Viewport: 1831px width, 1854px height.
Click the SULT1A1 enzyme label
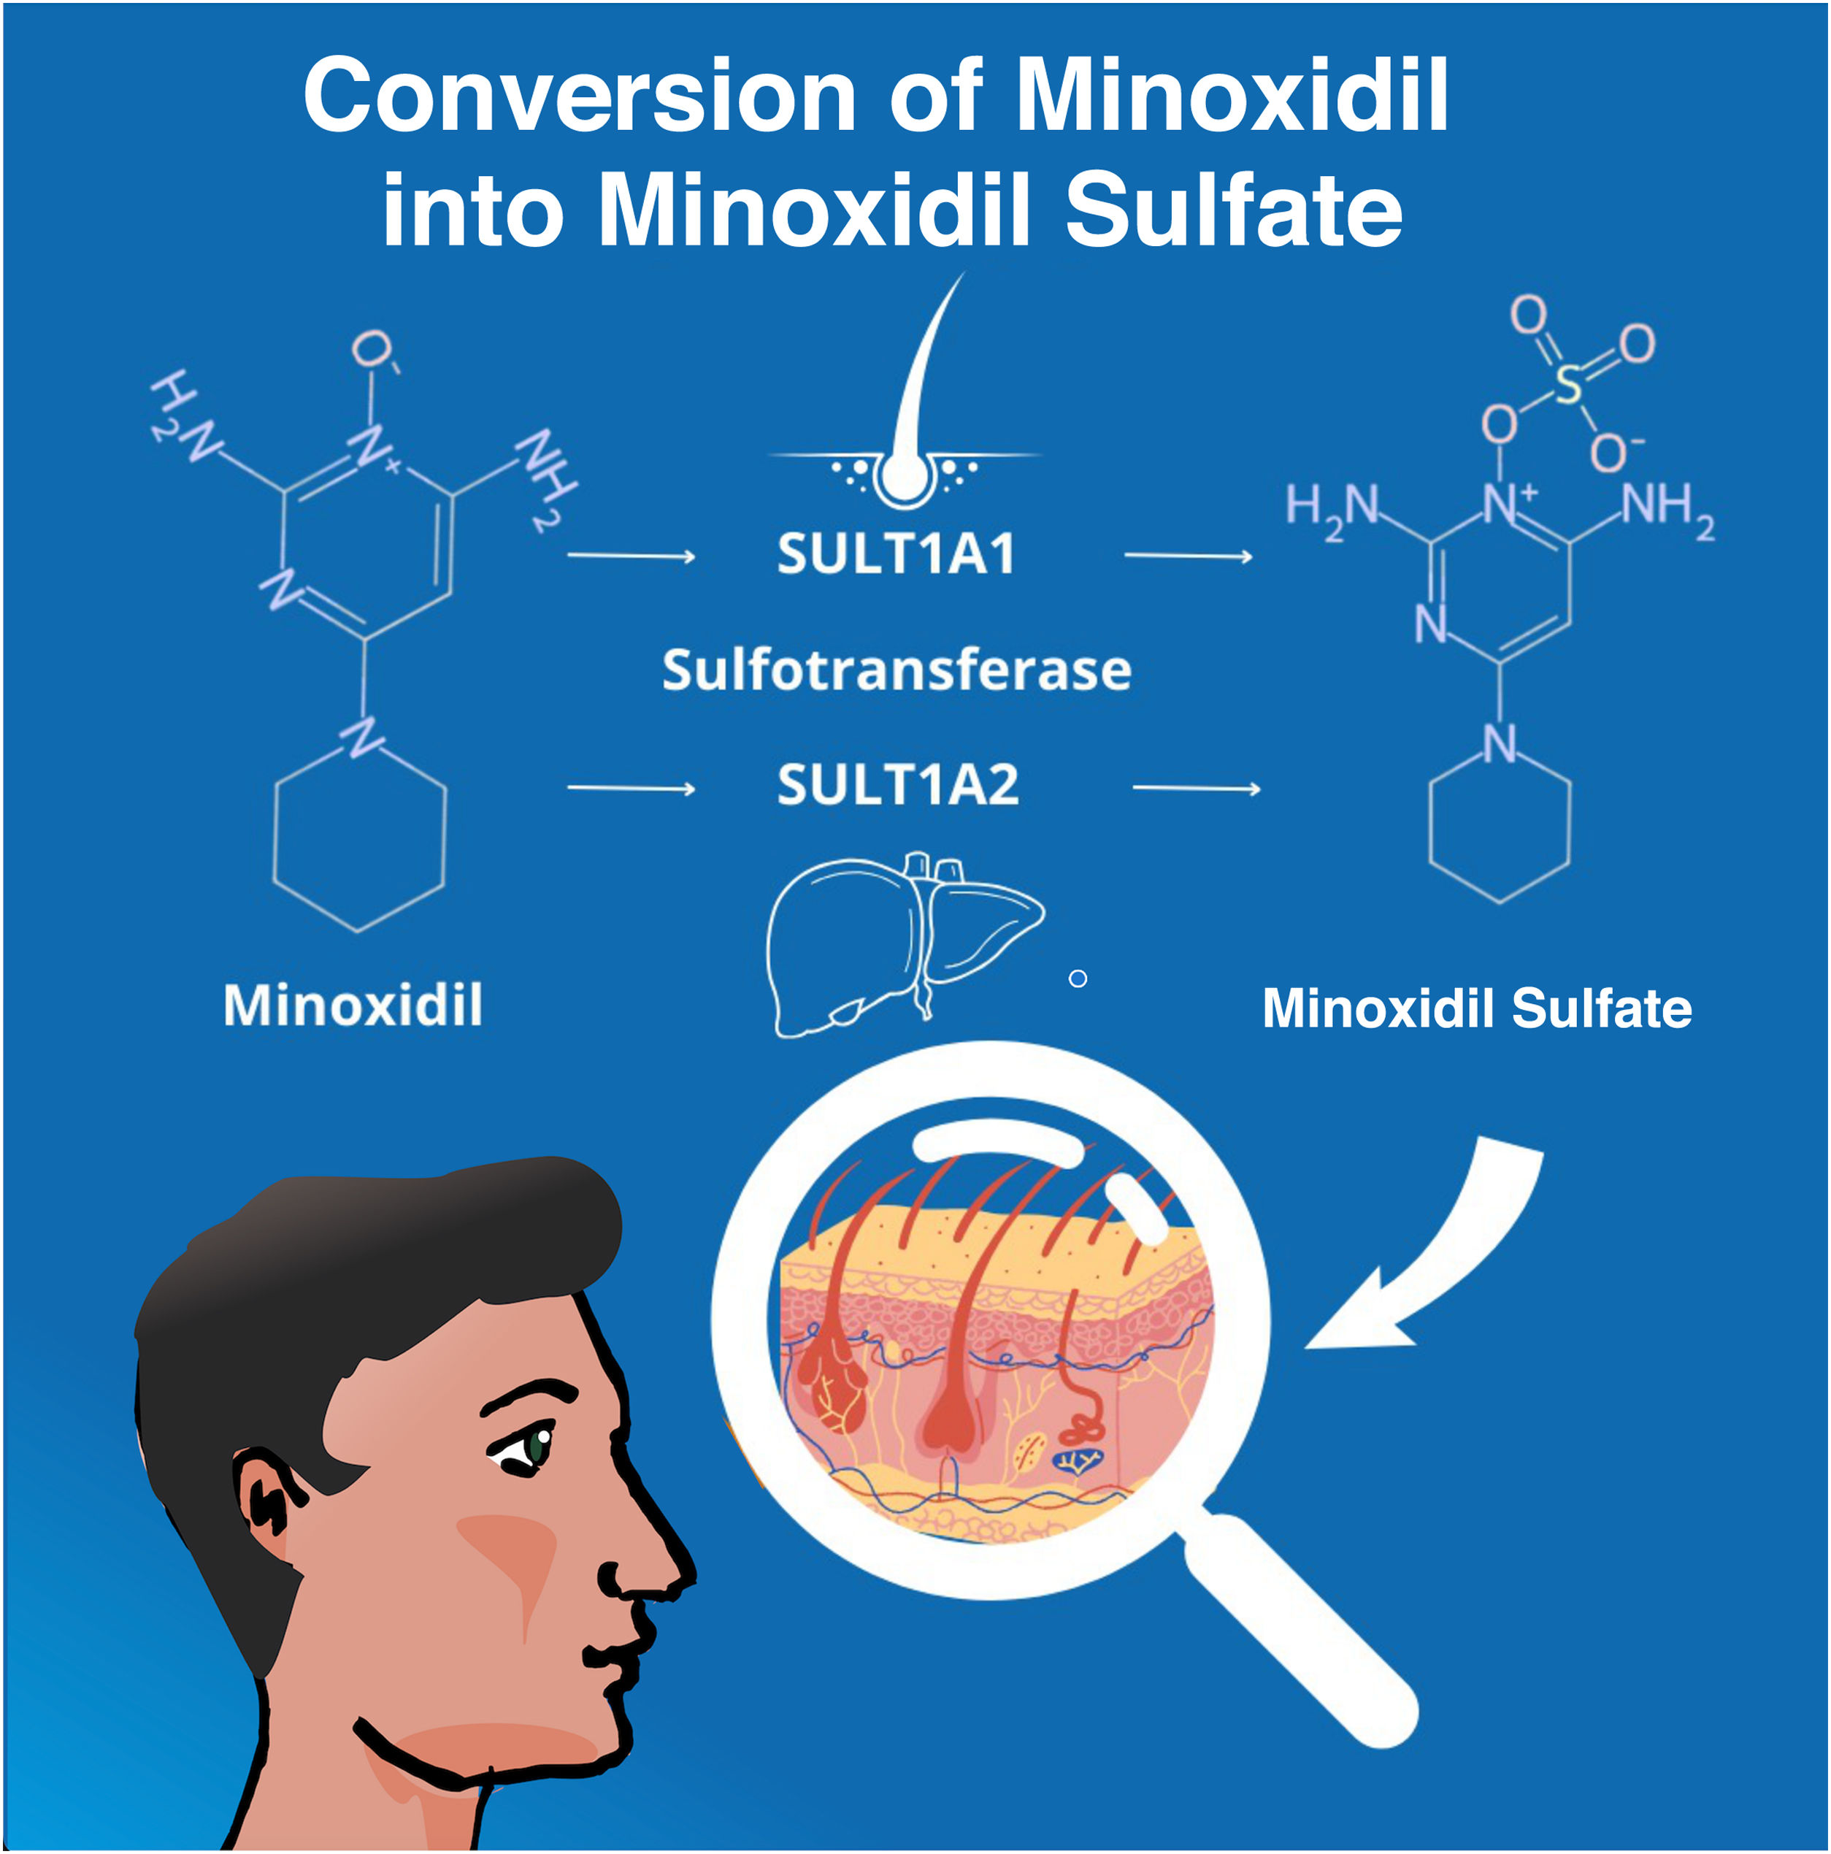click(x=894, y=555)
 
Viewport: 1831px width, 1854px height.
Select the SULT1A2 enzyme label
click(x=897, y=786)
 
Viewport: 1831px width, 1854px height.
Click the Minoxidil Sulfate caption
click(x=1476, y=1008)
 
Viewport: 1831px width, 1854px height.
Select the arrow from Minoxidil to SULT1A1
click(x=631, y=556)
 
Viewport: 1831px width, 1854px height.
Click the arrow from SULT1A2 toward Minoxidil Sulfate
click(x=1197, y=789)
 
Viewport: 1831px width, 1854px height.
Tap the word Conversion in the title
click(x=579, y=96)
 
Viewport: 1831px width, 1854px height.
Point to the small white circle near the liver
click(x=1078, y=978)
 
